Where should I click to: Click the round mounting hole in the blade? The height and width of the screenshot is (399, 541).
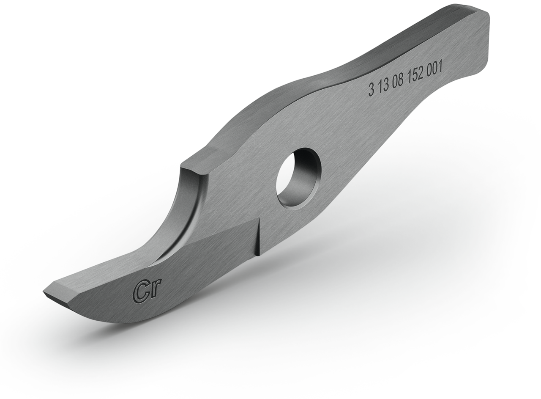[x=298, y=178]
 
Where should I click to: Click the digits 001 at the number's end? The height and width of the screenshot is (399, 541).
[x=435, y=69]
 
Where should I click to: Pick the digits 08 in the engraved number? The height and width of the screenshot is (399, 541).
[x=398, y=82]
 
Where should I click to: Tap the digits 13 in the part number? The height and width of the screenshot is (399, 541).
[x=383, y=86]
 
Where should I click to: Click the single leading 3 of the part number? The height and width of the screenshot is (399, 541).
[x=371, y=90]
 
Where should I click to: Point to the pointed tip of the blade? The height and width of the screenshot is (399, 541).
[x=45, y=292]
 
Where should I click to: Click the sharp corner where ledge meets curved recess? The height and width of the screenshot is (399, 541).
[x=183, y=167]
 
